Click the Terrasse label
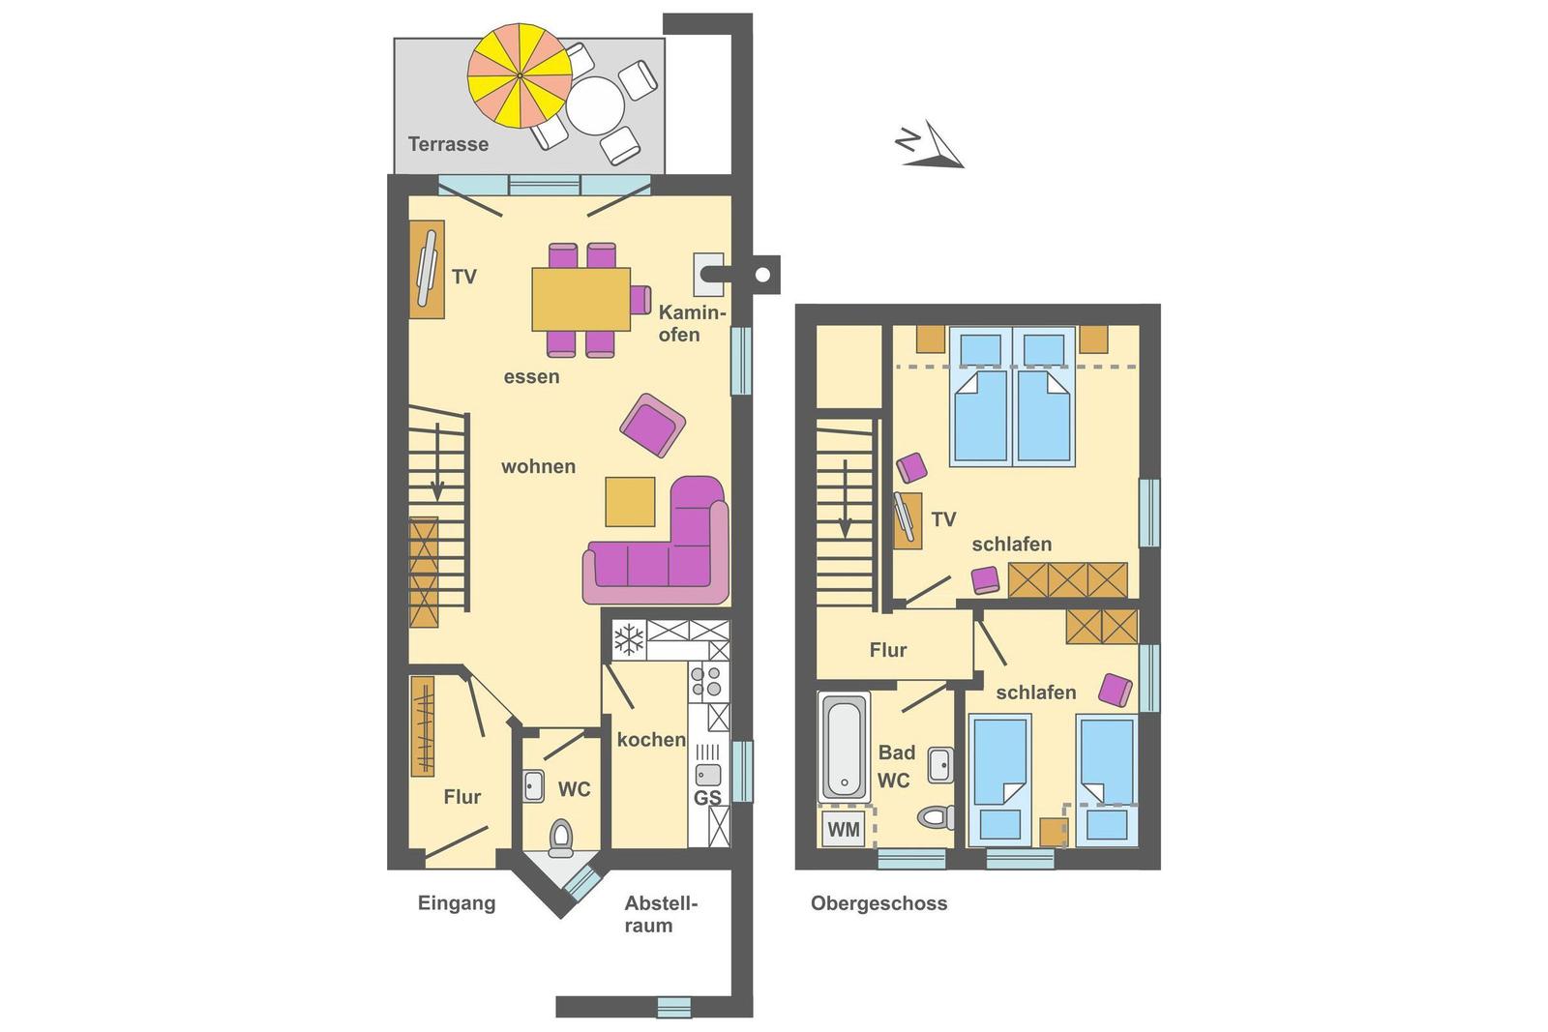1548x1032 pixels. click(448, 144)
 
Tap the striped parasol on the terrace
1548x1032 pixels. click(520, 75)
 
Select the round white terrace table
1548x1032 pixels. click(595, 105)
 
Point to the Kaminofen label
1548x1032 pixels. click(692, 323)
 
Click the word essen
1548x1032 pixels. click(531, 377)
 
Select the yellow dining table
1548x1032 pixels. click(581, 299)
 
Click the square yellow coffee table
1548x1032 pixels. click(630, 502)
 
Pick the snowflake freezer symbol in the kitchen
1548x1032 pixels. click(629, 639)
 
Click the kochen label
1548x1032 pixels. click(651, 740)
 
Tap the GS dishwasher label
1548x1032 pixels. click(707, 799)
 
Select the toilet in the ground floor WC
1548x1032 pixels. click(561, 838)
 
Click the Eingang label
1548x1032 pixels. click(457, 903)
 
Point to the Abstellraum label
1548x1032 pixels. click(662, 915)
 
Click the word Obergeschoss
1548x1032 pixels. click(879, 903)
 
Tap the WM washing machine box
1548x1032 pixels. click(843, 829)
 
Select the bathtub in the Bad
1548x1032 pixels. click(844, 746)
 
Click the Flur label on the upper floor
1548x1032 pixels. click(888, 650)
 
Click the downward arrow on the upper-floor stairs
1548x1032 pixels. click(845, 499)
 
